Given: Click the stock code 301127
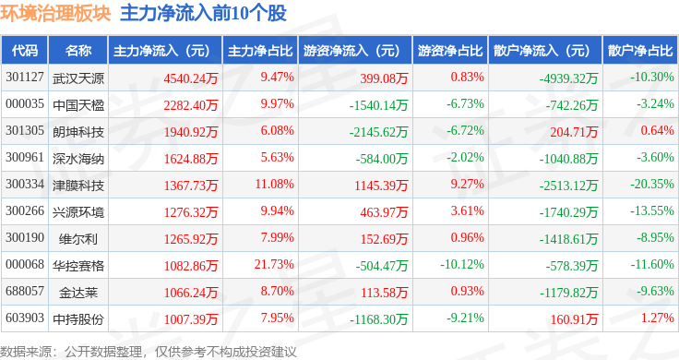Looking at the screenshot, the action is (x=25, y=78).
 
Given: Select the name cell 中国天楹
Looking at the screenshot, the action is (x=78, y=105).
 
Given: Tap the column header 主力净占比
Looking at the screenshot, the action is (x=260, y=51).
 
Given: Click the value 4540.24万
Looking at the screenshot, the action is (x=191, y=78).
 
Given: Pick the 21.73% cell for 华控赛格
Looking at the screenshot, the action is (x=274, y=264).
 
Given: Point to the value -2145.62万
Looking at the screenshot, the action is (x=378, y=132).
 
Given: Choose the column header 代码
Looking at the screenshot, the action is (x=25, y=51).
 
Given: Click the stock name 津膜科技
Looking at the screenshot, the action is (x=78, y=186).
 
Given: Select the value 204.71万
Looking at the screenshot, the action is (x=574, y=132).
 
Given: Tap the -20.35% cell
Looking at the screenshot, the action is (x=652, y=184).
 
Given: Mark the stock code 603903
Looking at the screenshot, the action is (x=25, y=318).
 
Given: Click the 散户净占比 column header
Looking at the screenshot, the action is (x=640, y=51).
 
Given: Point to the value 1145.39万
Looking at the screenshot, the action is (x=381, y=186).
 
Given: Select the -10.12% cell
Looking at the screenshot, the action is (x=462, y=264).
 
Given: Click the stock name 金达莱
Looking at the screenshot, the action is (x=78, y=293).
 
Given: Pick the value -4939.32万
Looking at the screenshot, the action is (x=568, y=78).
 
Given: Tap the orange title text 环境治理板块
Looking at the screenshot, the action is (x=55, y=14).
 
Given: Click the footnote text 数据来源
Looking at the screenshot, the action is (x=26, y=352).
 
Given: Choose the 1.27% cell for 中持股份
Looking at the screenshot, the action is (x=658, y=318).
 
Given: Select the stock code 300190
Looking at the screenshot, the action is (x=25, y=238).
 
